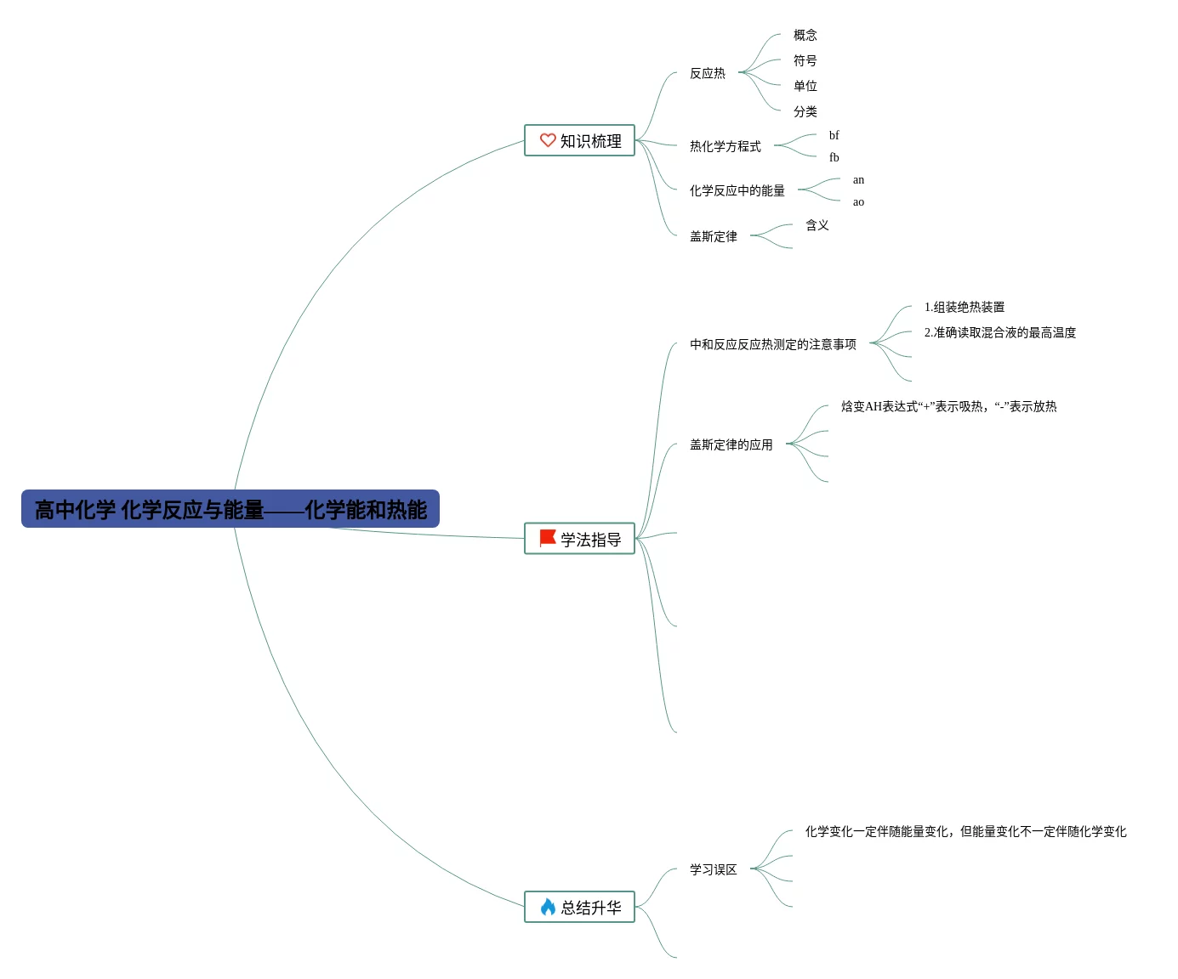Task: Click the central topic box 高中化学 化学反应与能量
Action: click(x=230, y=509)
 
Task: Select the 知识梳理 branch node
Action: click(x=579, y=141)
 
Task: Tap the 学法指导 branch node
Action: click(x=579, y=539)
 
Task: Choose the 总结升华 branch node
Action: click(x=579, y=907)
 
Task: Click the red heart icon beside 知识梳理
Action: click(x=548, y=140)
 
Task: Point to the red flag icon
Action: click(x=548, y=538)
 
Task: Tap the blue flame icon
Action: click(x=548, y=907)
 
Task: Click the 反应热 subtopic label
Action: click(x=707, y=73)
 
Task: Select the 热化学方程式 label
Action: click(x=725, y=146)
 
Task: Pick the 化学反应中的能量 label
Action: click(x=737, y=190)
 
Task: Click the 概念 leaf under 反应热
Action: click(x=805, y=35)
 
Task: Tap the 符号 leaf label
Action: click(x=805, y=60)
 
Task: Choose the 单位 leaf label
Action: click(x=805, y=86)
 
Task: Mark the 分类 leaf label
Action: click(x=805, y=111)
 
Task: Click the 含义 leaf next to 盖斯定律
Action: click(x=817, y=225)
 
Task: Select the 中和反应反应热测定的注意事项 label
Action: click(x=772, y=344)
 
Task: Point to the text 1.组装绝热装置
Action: click(x=964, y=307)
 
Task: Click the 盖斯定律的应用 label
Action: click(x=731, y=444)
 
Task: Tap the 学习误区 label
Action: click(x=713, y=869)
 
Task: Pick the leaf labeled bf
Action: click(x=834, y=135)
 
